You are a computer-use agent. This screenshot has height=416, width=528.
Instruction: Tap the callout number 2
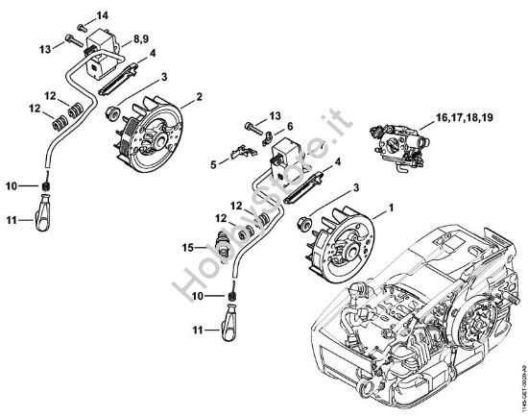(198, 96)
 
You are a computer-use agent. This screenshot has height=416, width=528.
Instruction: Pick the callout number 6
(289, 127)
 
